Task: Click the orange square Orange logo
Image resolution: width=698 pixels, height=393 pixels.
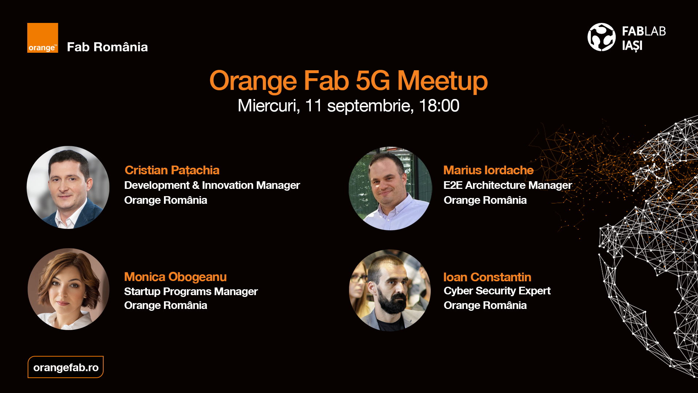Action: [43, 38]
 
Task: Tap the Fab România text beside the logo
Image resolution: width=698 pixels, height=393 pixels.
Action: [107, 47]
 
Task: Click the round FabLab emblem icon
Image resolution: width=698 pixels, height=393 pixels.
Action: [601, 37]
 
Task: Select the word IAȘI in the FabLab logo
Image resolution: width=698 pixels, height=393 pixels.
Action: [632, 46]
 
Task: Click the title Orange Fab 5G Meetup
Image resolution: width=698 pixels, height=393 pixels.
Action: [348, 80]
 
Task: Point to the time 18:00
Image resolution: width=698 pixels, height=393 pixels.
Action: [439, 106]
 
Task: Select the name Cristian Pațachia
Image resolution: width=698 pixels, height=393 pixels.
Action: [172, 170]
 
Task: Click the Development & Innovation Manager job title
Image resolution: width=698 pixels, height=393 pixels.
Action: [212, 185]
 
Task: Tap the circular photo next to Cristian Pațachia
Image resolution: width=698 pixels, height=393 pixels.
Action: [68, 187]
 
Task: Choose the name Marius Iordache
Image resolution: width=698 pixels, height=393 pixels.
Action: [488, 170]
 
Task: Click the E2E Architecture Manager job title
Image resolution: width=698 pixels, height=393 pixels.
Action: [508, 185]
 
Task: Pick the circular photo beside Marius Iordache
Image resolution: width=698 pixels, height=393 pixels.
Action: [390, 188]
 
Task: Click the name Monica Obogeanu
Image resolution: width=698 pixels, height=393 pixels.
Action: [175, 277]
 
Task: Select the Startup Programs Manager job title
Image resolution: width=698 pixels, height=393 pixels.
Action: [191, 291]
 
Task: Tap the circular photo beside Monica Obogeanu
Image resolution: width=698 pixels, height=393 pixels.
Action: [69, 289]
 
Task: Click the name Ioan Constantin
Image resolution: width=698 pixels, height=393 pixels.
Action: [487, 277]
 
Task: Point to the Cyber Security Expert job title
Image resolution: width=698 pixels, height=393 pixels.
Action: [497, 291]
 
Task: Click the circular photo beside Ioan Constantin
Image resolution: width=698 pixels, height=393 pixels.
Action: [390, 290]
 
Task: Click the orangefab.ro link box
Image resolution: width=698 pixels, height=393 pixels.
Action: [66, 367]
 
